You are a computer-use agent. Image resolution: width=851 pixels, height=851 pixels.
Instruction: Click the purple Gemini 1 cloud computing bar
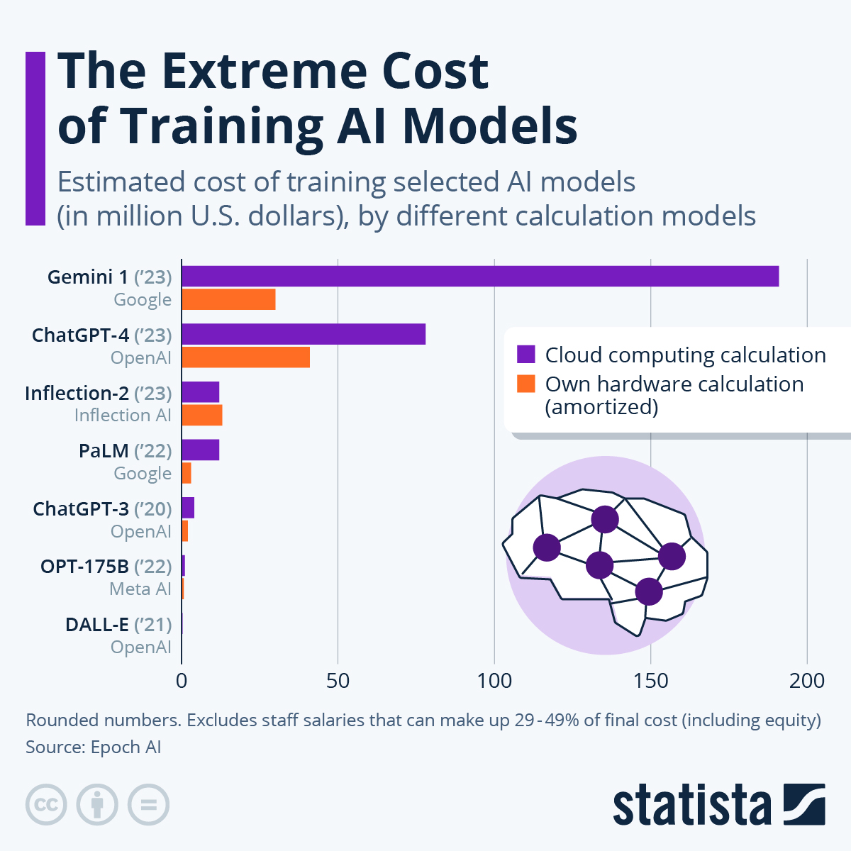click(x=480, y=276)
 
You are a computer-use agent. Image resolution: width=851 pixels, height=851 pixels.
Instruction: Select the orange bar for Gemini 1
click(x=228, y=299)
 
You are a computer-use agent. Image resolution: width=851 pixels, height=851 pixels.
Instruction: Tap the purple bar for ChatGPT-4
click(x=304, y=334)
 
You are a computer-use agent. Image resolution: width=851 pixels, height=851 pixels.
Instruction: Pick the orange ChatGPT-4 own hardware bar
click(x=245, y=357)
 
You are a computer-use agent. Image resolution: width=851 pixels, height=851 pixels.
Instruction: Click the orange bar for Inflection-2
click(x=202, y=415)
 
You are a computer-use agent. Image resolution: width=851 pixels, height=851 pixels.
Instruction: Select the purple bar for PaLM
click(x=200, y=450)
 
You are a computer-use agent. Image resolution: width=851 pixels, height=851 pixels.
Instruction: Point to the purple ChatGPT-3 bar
click(x=188, y=508)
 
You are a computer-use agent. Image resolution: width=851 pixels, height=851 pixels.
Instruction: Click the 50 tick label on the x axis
click(x=338, y=681)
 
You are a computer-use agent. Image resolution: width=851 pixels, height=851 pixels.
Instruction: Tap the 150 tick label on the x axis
click(x=650, y=681)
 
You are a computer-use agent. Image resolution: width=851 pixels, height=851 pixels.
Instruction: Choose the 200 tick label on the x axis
click(x=807, y=681)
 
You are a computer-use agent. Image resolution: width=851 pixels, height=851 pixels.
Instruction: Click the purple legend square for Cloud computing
click(x=526, y=355)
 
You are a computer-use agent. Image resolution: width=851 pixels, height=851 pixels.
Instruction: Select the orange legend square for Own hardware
click(x=526, y=384)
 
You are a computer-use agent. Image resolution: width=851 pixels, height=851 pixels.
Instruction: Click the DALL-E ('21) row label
click(x=118, y=625)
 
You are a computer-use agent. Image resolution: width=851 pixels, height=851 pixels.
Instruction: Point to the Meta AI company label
click(x=140, y=589)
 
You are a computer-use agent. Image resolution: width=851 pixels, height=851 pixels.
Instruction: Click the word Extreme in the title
click(x=265, y=71)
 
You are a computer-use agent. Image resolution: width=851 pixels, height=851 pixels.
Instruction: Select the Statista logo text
click(x=691, y=805)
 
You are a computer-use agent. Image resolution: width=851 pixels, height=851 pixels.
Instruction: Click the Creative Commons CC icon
click(x=46, y=805)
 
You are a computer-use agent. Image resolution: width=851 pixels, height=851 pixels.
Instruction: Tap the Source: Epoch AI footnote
click(x=94, y=747)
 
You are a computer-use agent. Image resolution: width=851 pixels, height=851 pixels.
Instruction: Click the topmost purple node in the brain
click(x=604, y=519)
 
